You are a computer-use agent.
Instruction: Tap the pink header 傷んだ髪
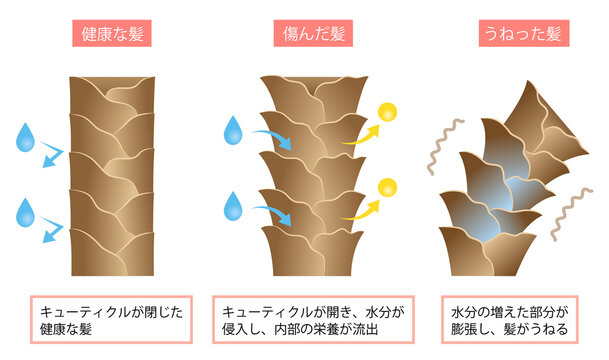coord(307,34)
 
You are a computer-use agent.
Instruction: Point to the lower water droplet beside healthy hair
coord(25,212)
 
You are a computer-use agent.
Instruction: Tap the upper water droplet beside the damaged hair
coord(233,129)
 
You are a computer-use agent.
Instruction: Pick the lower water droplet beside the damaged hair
coord(233,205)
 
